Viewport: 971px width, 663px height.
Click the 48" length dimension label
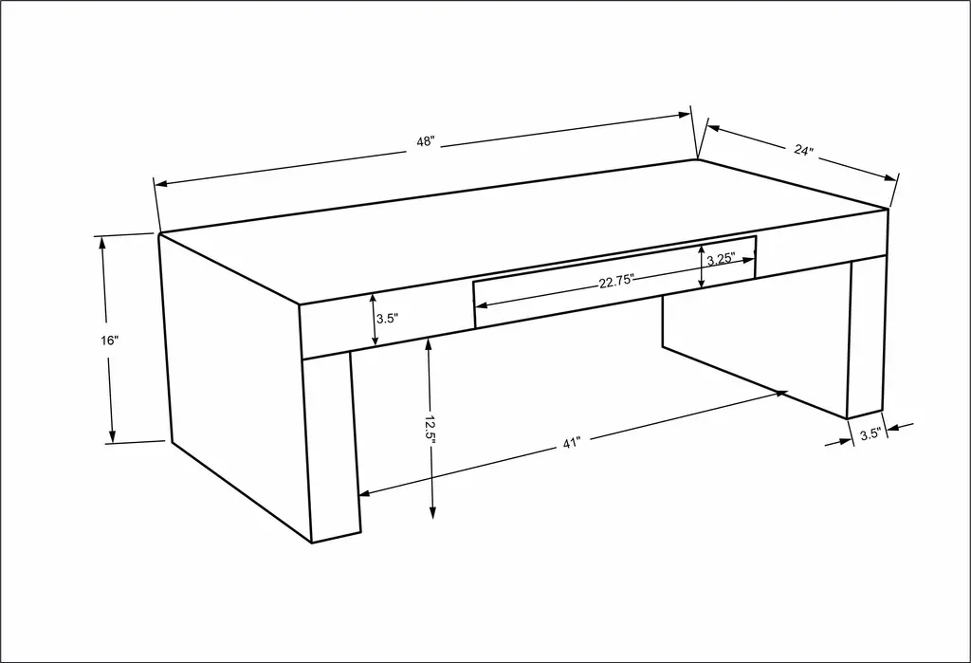tap(426, 141)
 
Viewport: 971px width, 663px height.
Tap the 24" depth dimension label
tap(802, 149)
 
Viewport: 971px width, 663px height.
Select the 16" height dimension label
tap(109, 341)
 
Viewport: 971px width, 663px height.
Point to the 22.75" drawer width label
tap(616, 282)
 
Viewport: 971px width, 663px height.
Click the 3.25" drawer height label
tap(721, 259)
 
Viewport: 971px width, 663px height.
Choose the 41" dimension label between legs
tap(572, 442)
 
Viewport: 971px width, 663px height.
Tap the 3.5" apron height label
tap(387, 319)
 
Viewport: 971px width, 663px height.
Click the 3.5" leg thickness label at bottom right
tap(870, 433)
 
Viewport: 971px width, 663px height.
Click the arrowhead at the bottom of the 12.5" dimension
tap(432, 512)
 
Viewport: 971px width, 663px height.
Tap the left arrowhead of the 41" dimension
tap(365, 493)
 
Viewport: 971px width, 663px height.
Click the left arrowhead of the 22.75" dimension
tap(481, 304)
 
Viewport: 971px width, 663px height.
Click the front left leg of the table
tap(332, 446)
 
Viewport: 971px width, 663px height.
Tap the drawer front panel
tap(614, 282)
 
